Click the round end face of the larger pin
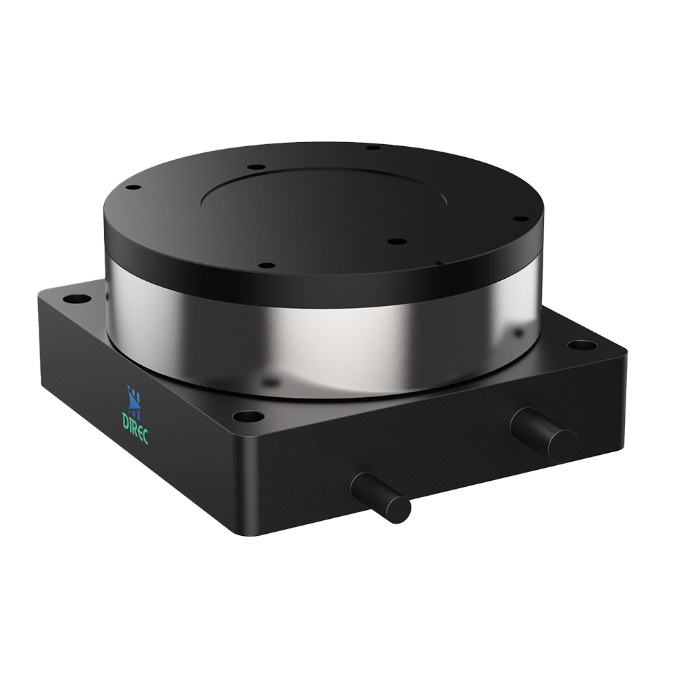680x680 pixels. [562, 445]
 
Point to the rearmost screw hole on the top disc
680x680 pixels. [373, 147]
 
